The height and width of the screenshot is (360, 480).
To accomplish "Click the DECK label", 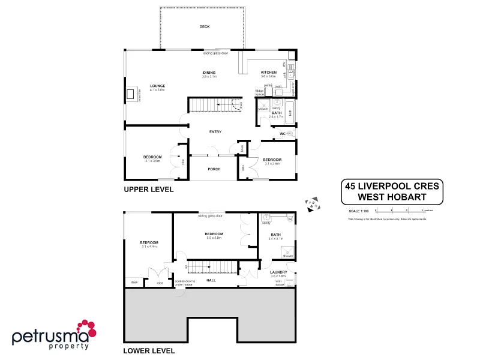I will (x=205, y=27).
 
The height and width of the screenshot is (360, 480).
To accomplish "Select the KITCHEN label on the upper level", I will (x=268, y=72).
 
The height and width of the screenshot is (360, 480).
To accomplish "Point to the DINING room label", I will (x=209, y=72).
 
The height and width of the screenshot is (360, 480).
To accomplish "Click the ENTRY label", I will (x=215, y=131).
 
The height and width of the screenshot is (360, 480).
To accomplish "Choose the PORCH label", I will (x=214, y=169).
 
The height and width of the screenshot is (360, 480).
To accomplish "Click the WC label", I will (x=282, y=133).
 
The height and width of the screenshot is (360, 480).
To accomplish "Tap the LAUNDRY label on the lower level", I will (x=278, y=272).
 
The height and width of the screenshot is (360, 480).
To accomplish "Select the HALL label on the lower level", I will (x=211, y=280).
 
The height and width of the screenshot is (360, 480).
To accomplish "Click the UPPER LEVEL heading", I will (x=148, y=190).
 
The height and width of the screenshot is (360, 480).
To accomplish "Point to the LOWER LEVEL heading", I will (x=148, y=350).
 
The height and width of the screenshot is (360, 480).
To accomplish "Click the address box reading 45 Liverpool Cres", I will (x=391, y=191).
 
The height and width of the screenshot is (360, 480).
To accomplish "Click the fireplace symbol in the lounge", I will (x=131, y=94).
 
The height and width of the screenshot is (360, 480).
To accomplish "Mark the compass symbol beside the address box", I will (x=311, y=205).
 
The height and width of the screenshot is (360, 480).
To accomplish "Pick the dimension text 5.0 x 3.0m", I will (x=214, y=238).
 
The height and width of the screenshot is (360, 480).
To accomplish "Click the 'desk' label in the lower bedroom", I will (x=134, y=282).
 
